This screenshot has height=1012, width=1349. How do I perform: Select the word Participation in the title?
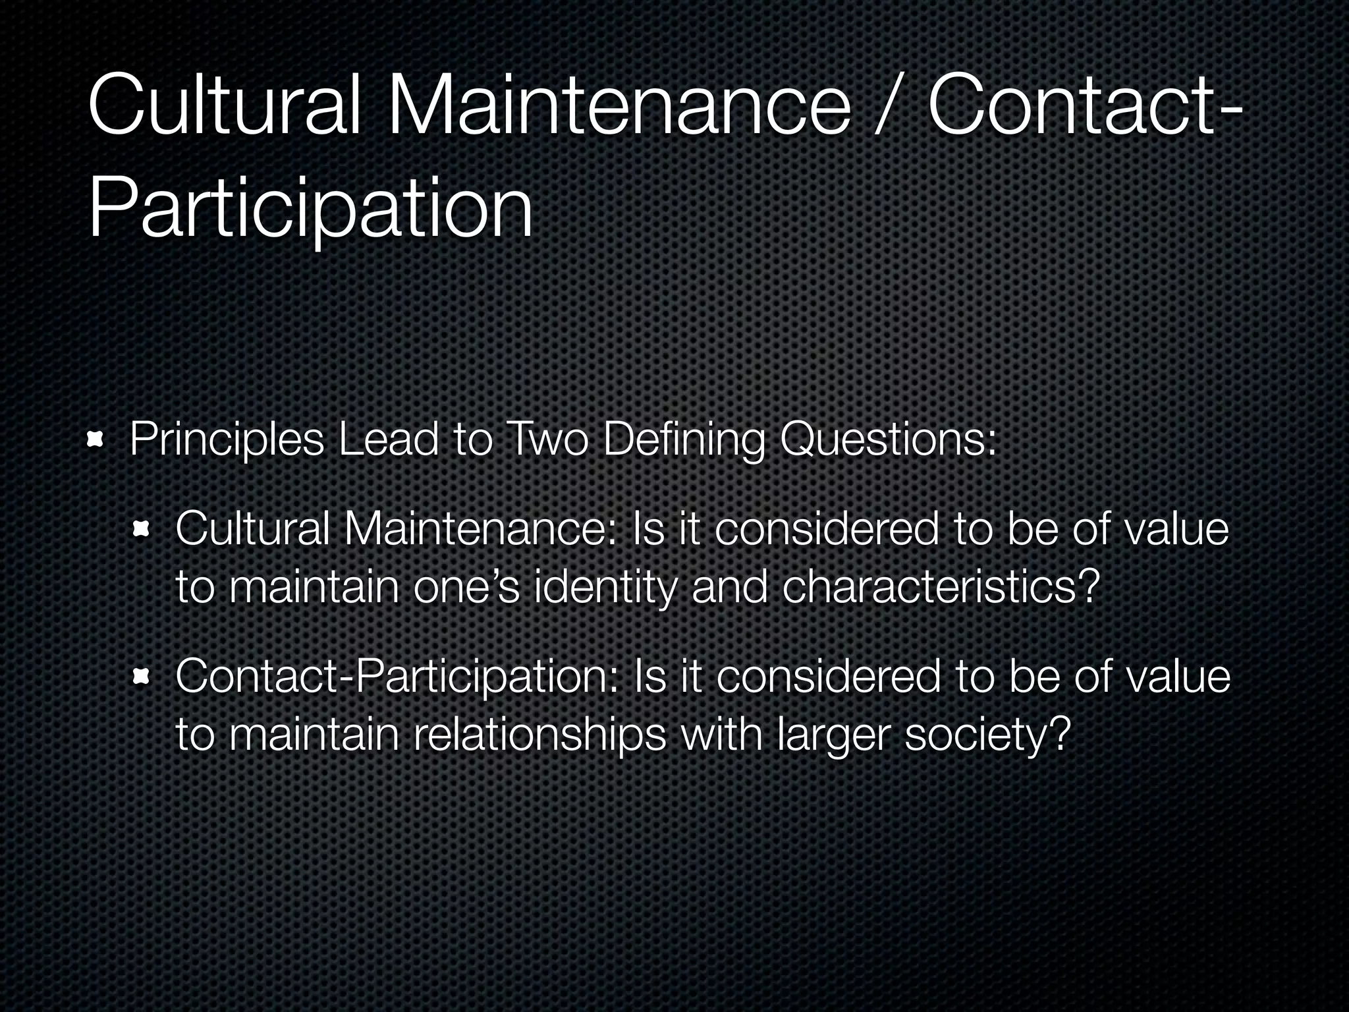click(310, 208)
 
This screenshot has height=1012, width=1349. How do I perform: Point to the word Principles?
click(227, 440)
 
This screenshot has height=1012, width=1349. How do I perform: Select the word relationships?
click(540, 735)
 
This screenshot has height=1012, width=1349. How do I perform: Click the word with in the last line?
click(721, 734)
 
